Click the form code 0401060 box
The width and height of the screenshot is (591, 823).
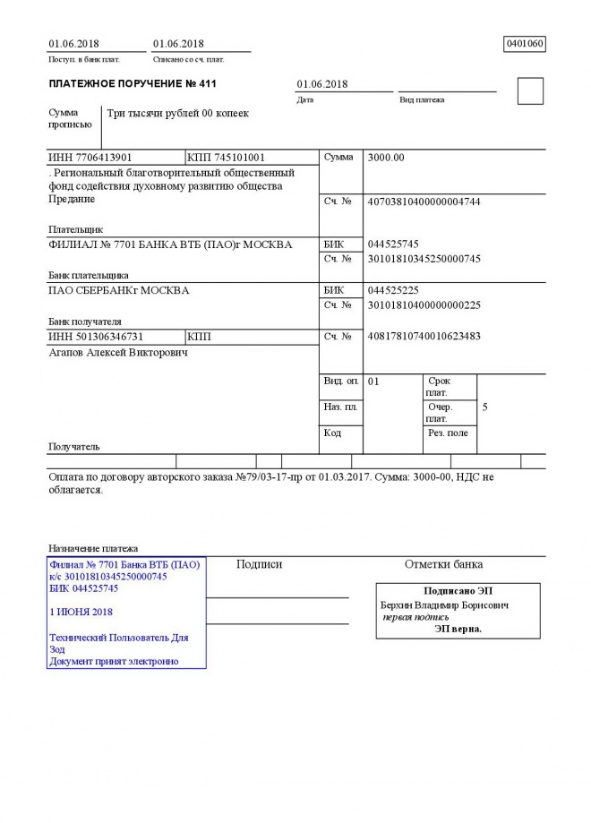click(x=525, y=43)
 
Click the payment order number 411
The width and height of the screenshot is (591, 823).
click(x=208, y=84)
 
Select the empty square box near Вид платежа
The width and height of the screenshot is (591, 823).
click(x=530, y=91)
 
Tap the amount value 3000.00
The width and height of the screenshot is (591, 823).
click(x=387, y=158)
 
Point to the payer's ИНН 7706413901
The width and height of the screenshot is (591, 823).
click(x=90, y=158)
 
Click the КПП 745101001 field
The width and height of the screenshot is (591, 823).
click(x=227, y=158)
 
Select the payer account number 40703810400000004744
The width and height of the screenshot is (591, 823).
click(x=424, y=201)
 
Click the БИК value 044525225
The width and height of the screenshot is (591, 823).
click(x=393, y=290)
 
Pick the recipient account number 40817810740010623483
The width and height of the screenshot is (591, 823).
click(x=424, y=337)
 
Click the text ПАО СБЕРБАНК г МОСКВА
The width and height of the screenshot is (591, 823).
click(x=119, y=290)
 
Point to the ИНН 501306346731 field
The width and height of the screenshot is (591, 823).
click(x=96, y=337)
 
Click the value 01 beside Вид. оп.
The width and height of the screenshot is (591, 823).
click(x=374, y=381)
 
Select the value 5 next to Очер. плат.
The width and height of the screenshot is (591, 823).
click(x=484, y=407)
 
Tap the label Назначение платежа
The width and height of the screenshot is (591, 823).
click(x=93, y=548)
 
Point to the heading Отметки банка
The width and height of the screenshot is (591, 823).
click(x=443, y=564)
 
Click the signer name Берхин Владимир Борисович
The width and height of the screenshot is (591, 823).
click(x=445, y=605)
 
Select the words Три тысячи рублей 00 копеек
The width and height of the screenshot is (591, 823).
click(x=178, y=114)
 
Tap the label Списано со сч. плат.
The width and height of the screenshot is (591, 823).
click(x=189, y=60)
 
